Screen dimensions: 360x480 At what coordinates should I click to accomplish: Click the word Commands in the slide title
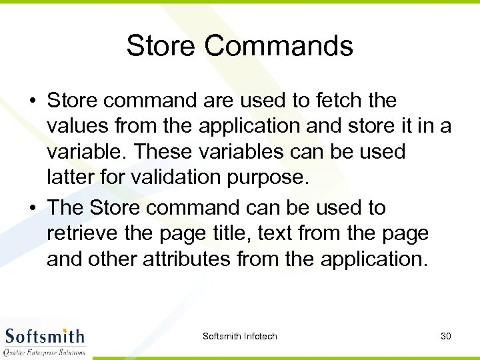[x=279, y=46]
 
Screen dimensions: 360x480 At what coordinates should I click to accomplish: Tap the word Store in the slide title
[x=161, y=46]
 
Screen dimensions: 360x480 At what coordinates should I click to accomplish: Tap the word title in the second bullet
[x=258, y=233]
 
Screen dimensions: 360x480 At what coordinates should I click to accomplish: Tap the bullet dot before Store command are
[x=32, y=102]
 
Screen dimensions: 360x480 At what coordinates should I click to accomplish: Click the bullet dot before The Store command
[x=32, y=209]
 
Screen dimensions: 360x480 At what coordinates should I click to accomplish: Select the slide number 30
[x=445, y=336]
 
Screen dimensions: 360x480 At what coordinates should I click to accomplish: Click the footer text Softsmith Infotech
[x=239, y=336]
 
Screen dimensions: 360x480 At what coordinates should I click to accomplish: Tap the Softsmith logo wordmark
[x=45, y=335]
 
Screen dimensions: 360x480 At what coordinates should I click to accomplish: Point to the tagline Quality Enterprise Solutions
[x=45, y=351]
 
